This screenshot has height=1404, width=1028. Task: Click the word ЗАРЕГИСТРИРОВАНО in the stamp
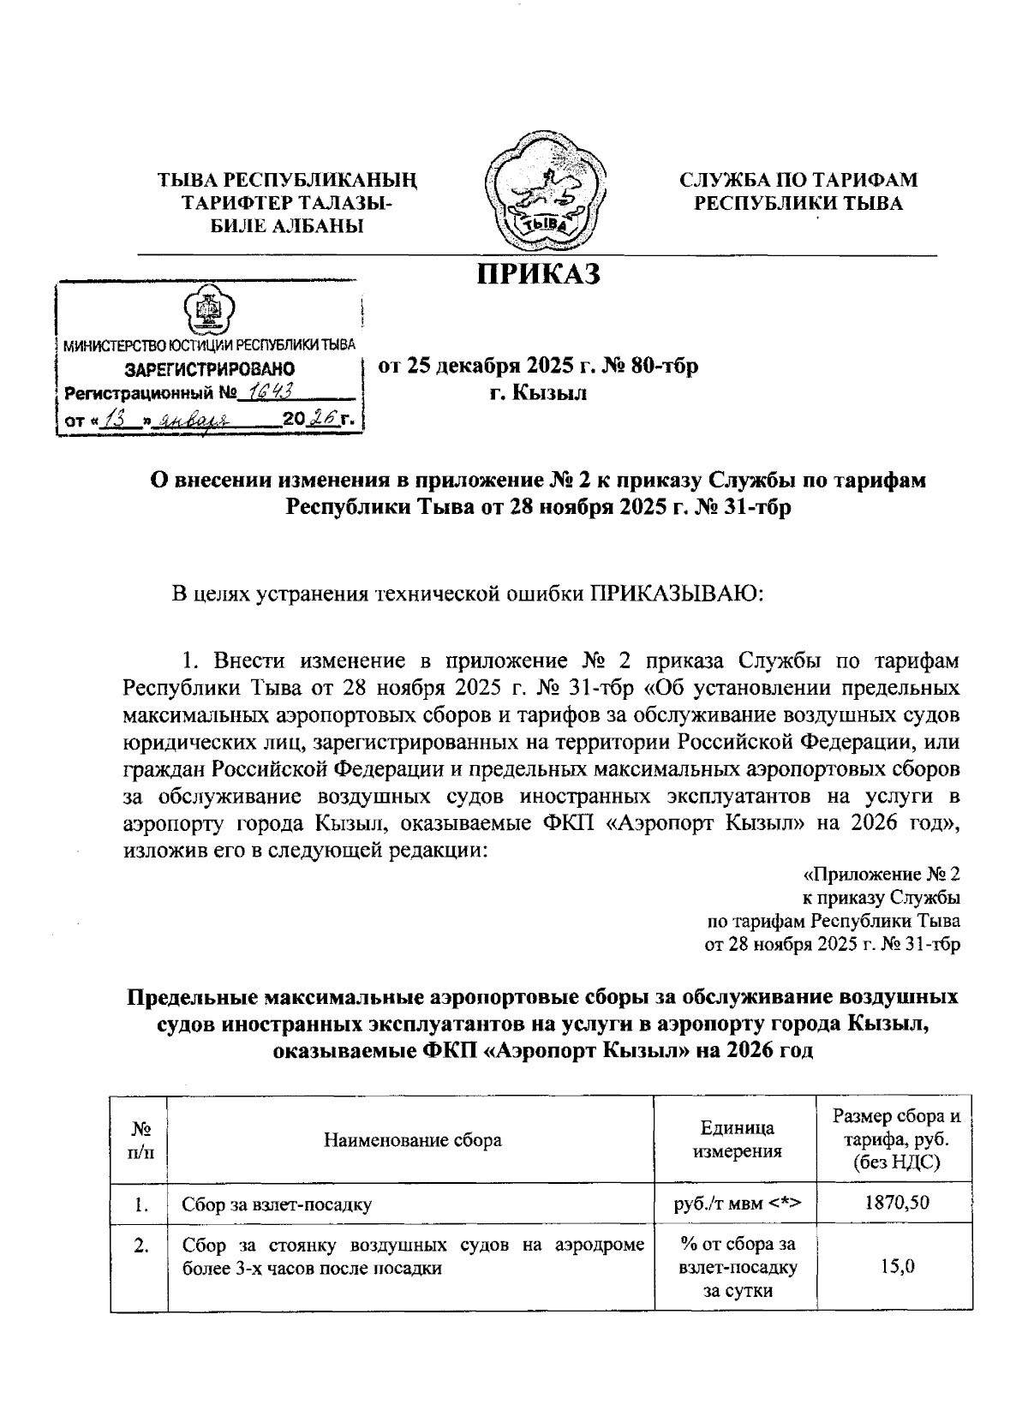click(x=210, y=369)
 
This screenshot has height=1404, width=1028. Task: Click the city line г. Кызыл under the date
click(x=538, y=393)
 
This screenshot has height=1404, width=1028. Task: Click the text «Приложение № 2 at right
click(x=882, y=875)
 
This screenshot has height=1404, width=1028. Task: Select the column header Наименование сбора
click(x=412, y=1140)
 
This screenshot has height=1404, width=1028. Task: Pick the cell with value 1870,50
click(x=896, y=1204)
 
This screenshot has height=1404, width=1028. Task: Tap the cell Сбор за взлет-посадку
click(x=277, y=1204)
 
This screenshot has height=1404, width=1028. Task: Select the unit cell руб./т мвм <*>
click(x=738, y=1204)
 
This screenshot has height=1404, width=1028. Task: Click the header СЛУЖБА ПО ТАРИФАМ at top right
click(x=798, y=180)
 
